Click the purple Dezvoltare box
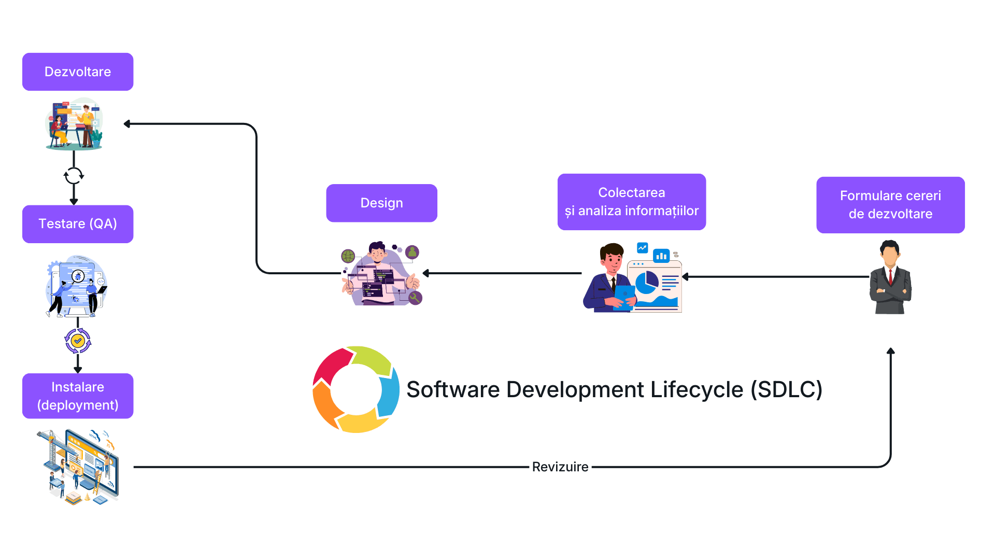(x=78, y=72)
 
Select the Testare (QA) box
(x=78, y=224)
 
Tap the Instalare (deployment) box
(x=78, y=396)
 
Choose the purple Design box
(x=381, y=203)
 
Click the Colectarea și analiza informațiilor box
(x=631, y=202)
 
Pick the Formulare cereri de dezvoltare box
(x=890, y=205)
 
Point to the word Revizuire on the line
(x=560, y=467)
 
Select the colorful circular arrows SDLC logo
(x=356, y=389)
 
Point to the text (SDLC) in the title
(x=786, y=389)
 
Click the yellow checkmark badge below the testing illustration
(x=78, y=341)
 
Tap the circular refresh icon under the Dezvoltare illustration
(x=74, y=176)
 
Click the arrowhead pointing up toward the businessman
(x=890, y=352)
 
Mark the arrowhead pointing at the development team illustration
(x=127, y=124)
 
